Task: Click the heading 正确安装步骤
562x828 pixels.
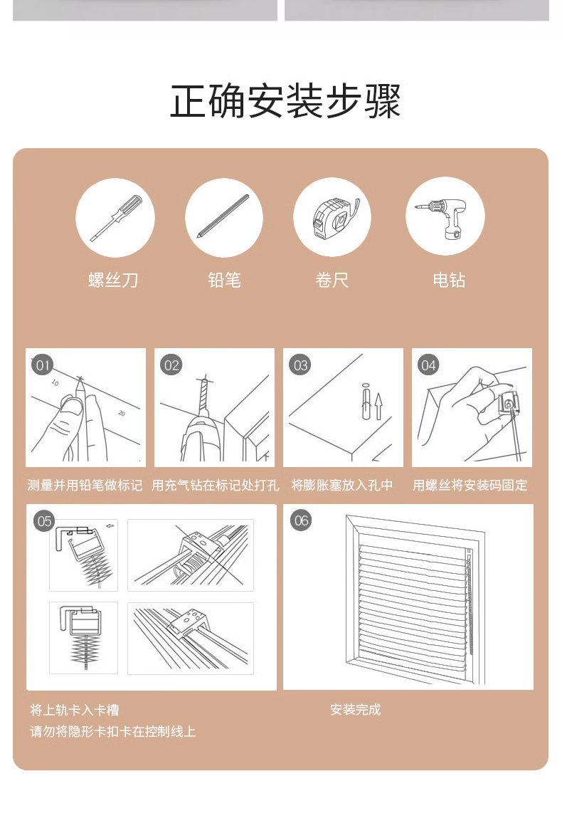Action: [285, 101]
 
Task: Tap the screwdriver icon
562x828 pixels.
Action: [115, 218]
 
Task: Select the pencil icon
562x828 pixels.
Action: [224, 217]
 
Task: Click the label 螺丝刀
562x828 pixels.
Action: [113, 280]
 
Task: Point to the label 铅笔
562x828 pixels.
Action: [224, 280]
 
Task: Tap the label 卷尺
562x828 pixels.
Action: [332, 280]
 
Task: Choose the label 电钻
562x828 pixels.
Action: [449, 280]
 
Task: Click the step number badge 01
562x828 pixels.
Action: [42, 365]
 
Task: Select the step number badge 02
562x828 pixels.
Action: [171, 365]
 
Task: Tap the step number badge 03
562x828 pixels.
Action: [300, 365]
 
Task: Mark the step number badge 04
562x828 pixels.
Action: [428, 365]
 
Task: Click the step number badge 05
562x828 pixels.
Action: [44, 521]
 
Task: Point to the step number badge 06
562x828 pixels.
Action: [302, 520]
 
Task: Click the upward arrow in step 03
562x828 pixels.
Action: [378, 406]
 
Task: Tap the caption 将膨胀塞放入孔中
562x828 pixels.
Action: [342, 486]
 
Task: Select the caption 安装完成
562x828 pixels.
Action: [356, 710]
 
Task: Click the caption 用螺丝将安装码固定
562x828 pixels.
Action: [470, 486]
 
